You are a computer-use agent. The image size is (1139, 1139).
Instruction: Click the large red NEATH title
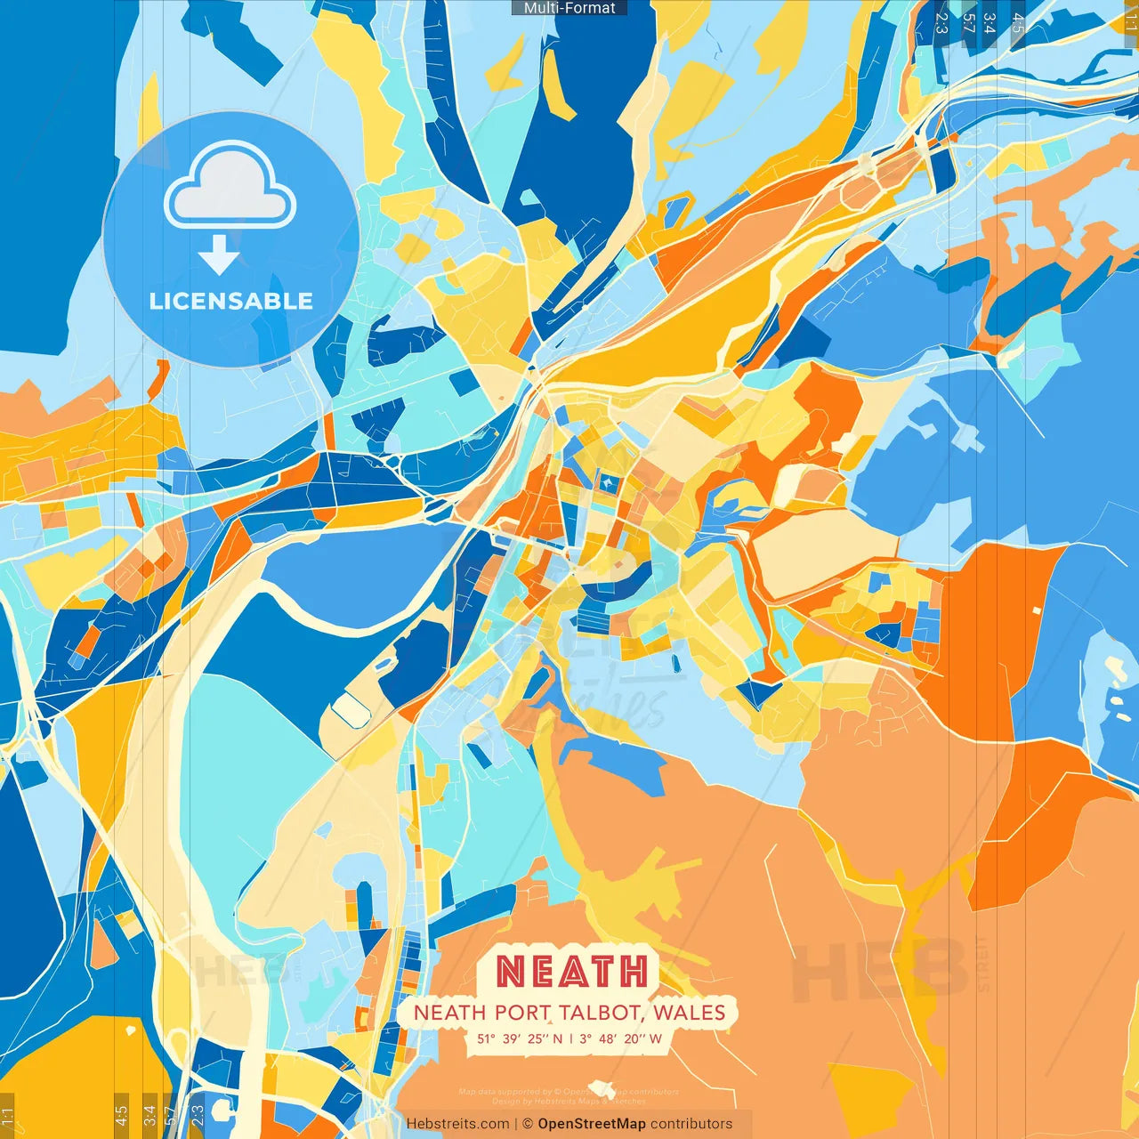571,971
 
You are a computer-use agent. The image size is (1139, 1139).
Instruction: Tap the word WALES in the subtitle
689,1013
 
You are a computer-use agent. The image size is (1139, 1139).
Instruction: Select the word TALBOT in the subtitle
602,1013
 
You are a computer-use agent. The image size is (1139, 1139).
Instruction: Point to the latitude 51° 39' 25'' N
520,1038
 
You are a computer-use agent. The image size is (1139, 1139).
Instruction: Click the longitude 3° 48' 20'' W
620,1038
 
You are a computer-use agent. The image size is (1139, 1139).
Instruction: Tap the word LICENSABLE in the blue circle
231,301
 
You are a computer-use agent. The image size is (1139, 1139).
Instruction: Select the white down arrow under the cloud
219,254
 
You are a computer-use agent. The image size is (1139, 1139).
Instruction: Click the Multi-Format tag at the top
569,8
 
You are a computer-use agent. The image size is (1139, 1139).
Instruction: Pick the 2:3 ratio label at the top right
941,22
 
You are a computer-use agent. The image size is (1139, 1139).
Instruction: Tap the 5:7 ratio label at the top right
968,22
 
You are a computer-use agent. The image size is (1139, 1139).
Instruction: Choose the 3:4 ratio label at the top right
990,22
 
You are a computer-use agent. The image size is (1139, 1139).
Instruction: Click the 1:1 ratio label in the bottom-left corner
7,1116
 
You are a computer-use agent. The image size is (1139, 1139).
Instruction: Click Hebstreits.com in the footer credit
457,1124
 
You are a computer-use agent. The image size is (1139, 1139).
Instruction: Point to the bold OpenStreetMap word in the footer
592,1124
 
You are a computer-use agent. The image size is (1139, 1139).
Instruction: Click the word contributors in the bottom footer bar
691,1124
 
